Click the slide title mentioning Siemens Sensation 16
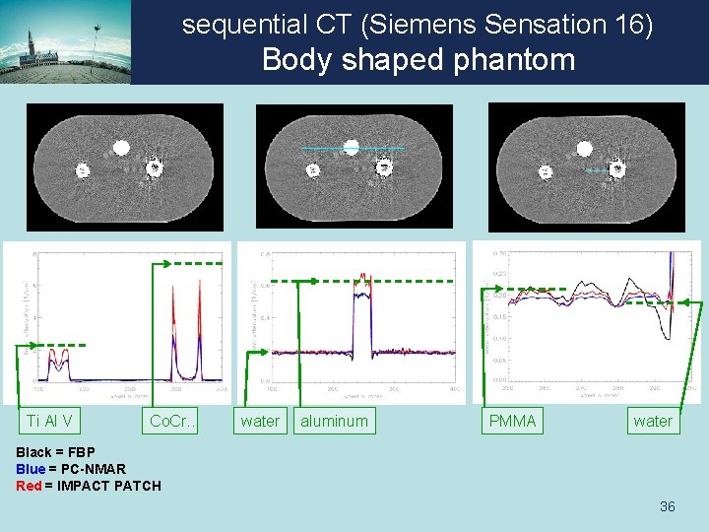pyautogui.click(x=418, y=25)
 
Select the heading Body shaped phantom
pyautogui.click(x=418, y=60)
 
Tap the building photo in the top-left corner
pyautogui.click(x=65, y=41)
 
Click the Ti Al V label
pyautogui.click(x=49, y=422)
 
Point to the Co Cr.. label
pyautogui.click(x=172, y=422)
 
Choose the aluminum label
pyautogui.click(x=334, y=422)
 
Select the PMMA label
pyautogui.click(x=513, y=422)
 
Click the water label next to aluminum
pyautogui.click(x=260, y=422)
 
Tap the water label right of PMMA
pyautogui.click(x=653, y=422)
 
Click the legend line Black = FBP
pyautogui.click(x=56, y=452)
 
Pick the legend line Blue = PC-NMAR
pyautogui.click(x=71, y=469)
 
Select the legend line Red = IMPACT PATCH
pyautogui.click(x=89, y=485)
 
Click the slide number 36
pyautogui.click(x=667, y=506)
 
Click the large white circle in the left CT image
pyautogui.click(x=121, y=148)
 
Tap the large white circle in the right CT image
pyautogui.click(x=584, y=149)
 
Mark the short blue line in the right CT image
pyautogui.click(x=597, y=170)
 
